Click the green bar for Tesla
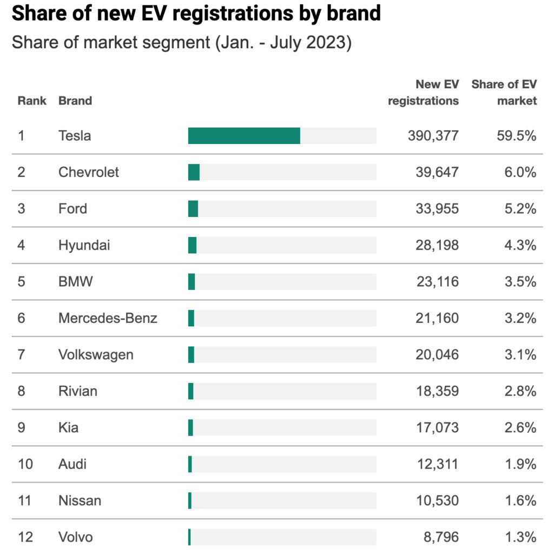click(244, 136)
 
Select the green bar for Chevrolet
click(194, 172)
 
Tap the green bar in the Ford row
click(193, 209)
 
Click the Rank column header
click(32, 101)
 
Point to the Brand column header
click(75, 101)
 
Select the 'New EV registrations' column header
click(424, 93)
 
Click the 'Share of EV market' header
click(504, 93)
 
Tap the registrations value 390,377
click(433, 136)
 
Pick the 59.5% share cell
click(517, 136)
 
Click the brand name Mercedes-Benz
click(108, 318)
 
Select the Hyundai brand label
click(84, 245)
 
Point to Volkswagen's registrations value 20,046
click(433, 355)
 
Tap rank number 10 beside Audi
click(25, 464)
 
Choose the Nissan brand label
click(80, 500)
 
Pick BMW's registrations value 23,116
click(433, 282)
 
